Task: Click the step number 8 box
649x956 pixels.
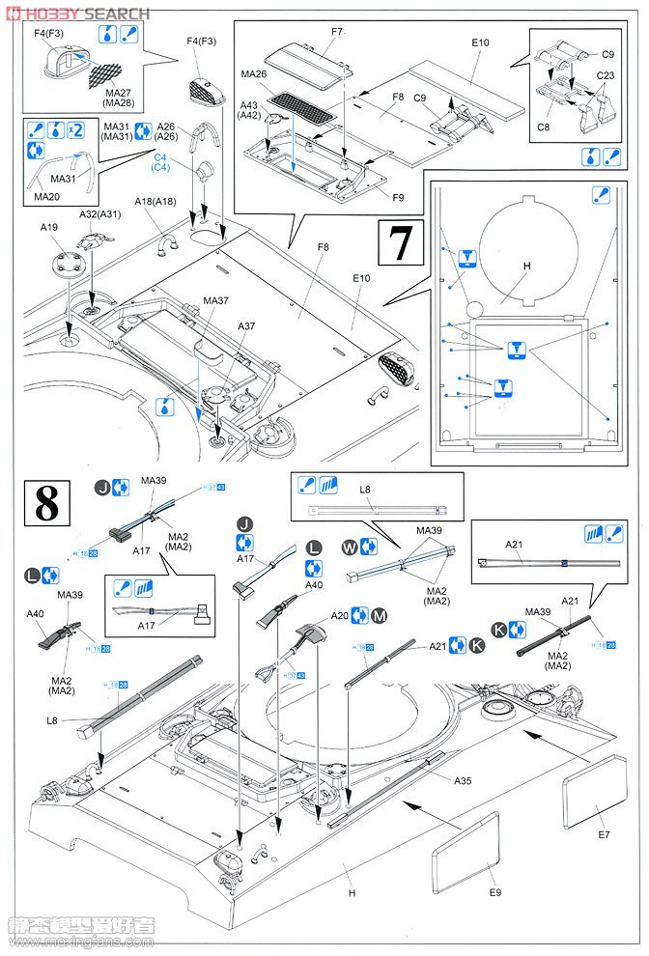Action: point(45,502)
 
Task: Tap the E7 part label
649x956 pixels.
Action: point(603,833)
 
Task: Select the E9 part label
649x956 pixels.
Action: point(494,891)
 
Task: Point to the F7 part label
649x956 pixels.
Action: point(337,32)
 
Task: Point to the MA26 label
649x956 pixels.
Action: point(255,73)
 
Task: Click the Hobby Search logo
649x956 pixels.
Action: point(77,14)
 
